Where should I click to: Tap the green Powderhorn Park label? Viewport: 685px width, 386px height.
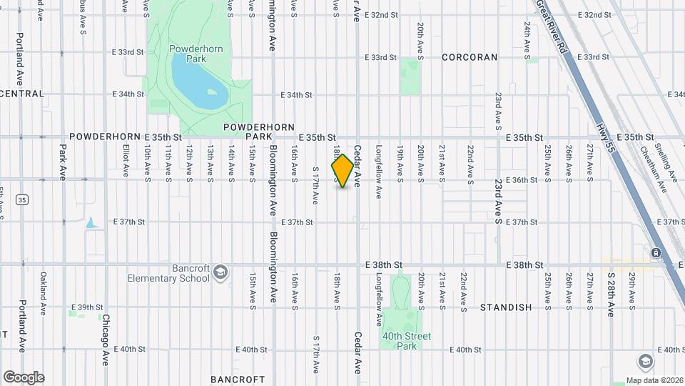188,55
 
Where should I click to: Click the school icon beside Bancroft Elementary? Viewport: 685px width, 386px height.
220,272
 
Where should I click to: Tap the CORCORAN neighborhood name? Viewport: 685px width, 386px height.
469,57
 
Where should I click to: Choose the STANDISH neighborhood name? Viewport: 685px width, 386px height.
506,307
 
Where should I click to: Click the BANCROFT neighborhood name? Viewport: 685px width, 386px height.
238,379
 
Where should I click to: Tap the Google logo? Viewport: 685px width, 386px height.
24,377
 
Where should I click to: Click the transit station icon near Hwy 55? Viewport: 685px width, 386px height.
655,253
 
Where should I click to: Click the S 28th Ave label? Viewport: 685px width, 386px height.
612,294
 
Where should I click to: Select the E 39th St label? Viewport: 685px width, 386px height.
90,307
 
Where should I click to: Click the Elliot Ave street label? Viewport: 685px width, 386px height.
126,161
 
